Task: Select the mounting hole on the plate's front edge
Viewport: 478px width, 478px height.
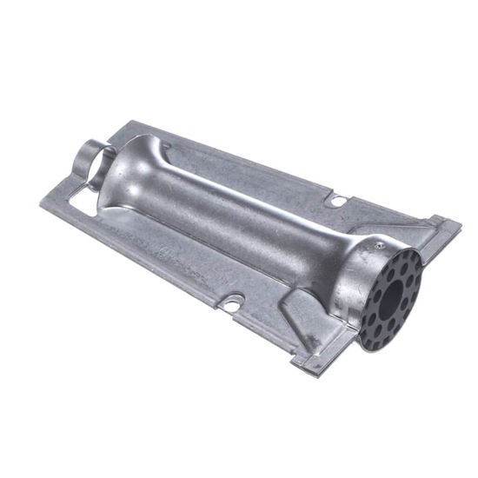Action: (x=232, y=304)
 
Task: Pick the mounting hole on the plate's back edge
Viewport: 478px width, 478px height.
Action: (x=335, y=202)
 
